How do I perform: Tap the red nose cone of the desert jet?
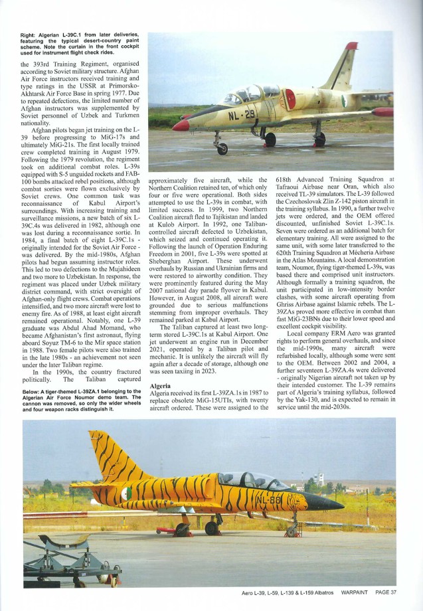tap(181, 125)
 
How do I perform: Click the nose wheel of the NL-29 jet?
tap(221, 148)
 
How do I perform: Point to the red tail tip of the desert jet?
tap(351, 46)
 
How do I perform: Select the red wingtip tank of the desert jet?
tap(382, 112)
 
